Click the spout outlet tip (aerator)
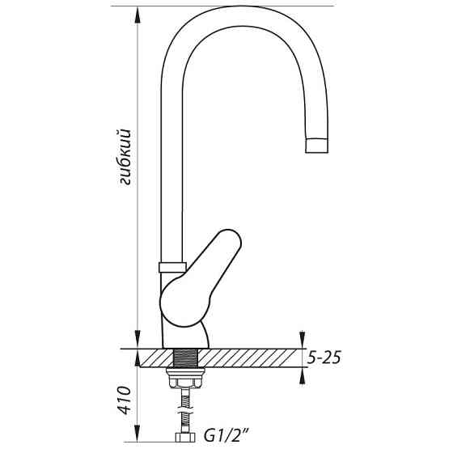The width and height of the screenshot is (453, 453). click(317, 146)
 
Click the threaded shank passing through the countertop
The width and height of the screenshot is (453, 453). click(185, 358)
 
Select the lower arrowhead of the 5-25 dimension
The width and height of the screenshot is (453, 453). click(302, 374)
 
